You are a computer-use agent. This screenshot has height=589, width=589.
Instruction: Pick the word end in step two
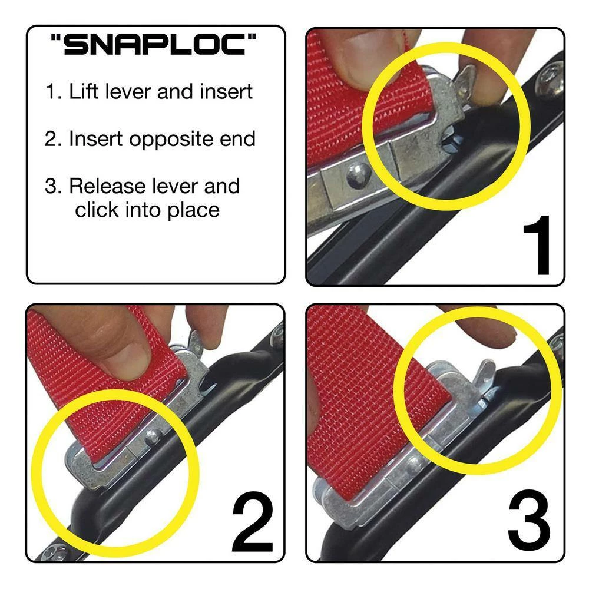pyautogui.click(x=240, y=139)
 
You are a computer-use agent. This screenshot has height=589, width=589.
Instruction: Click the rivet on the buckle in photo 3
pyautogui.click(x=414, y=464)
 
